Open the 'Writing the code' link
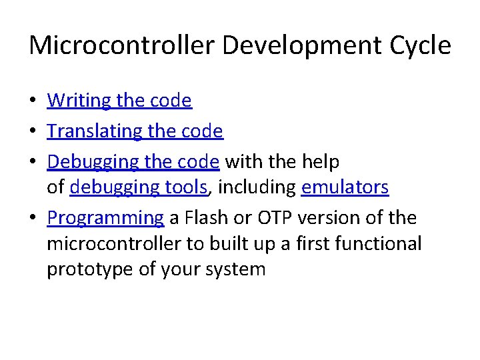point(119,101)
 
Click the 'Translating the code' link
point(135,131)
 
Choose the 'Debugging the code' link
point(133,162)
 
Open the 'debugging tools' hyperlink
point(139,188)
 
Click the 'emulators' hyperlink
point(345,188)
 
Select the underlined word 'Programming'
point(105,218)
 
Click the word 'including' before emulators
point(257,188)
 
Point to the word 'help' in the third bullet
point(320,162)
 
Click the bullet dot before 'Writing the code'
point(33,101)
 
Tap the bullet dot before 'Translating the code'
point(33,132)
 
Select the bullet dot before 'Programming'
point(33,219)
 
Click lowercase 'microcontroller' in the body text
point(114,244)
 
